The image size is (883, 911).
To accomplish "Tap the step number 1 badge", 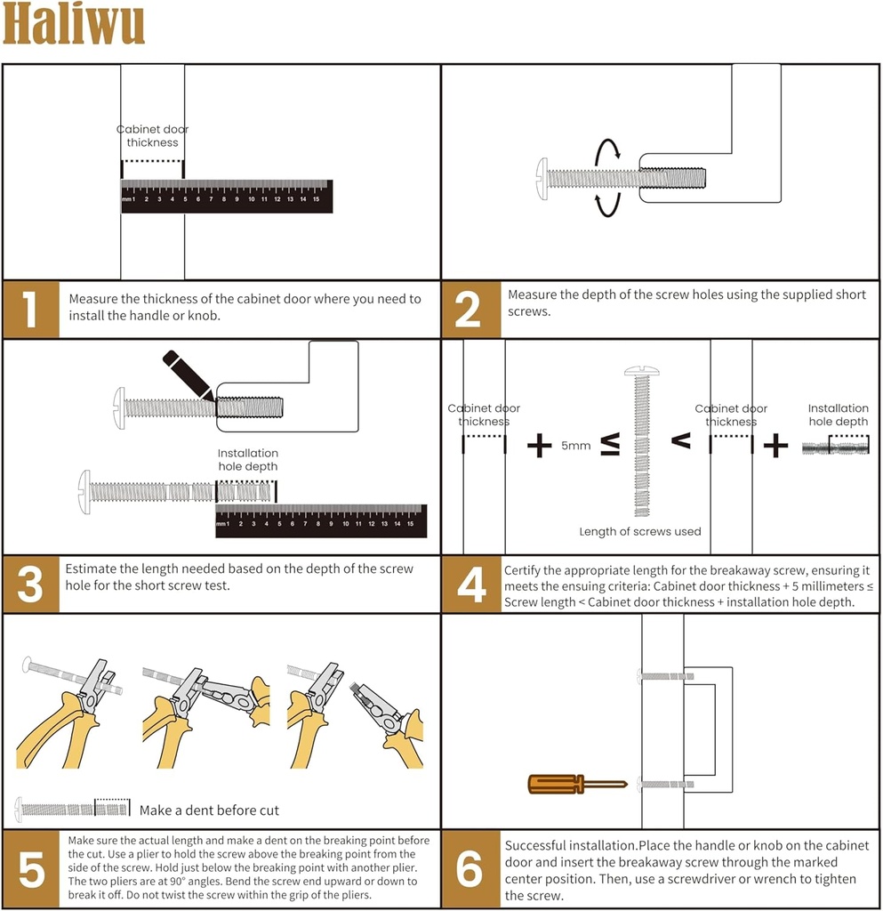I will [x=31, y=309].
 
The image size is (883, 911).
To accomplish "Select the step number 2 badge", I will [x=469, y=309].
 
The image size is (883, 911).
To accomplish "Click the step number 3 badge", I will [x=31, y=584].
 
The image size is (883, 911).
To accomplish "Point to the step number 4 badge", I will [x=471, y=584].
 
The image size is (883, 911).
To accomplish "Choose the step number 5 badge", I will [x=31, y=869].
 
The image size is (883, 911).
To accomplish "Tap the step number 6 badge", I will [x=469, y=869].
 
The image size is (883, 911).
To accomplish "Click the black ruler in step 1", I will [x=226, y=197].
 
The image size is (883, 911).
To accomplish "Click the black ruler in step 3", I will [x=320, y=521].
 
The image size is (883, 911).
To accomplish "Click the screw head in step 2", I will [x=542, y=178].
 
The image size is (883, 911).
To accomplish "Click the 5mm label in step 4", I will [x=575, y=446].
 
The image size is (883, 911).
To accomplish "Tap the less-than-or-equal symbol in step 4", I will [x=611, y=445].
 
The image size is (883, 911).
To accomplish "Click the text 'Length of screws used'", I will [x=640, y=531].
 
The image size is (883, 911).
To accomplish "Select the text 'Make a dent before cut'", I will [x=209, y=810].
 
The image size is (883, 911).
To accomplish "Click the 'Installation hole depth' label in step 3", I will [x=248, y=460].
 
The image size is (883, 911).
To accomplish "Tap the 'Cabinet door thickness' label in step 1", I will [x=152, y=136].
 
